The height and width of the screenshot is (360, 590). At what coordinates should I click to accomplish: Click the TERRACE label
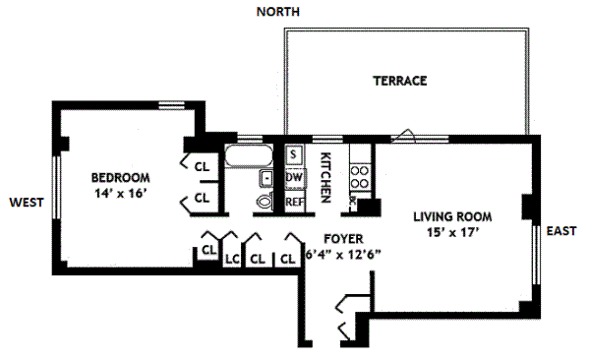400,81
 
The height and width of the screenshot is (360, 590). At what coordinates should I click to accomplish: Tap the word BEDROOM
120,177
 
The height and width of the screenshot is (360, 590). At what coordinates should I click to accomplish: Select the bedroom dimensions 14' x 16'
120,194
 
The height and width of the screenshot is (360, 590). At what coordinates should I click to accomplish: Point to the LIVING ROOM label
452,216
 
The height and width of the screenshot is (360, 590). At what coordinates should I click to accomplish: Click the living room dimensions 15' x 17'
452,232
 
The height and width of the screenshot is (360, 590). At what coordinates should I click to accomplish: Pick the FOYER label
343,239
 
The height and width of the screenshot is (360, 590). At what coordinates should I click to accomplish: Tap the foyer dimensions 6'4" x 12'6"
343,255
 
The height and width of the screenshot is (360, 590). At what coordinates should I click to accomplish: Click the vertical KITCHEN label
325,177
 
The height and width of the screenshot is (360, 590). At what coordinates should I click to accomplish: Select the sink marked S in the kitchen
293,154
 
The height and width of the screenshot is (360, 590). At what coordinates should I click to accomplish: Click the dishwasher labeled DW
295,177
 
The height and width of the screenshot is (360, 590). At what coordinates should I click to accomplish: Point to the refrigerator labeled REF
295,202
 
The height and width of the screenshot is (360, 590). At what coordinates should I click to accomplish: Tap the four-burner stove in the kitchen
360,177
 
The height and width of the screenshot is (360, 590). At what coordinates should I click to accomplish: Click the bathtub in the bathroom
249,155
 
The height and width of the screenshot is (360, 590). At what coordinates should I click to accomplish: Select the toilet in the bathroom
265,201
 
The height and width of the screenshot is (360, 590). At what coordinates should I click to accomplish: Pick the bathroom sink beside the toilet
265,178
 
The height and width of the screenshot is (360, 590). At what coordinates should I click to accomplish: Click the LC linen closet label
232,259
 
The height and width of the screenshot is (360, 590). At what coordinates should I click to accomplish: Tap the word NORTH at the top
278,12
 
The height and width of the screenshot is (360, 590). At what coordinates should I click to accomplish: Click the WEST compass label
27,203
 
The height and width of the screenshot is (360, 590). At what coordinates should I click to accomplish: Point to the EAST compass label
561,230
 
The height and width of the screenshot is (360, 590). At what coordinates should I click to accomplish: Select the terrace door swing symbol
403,136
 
